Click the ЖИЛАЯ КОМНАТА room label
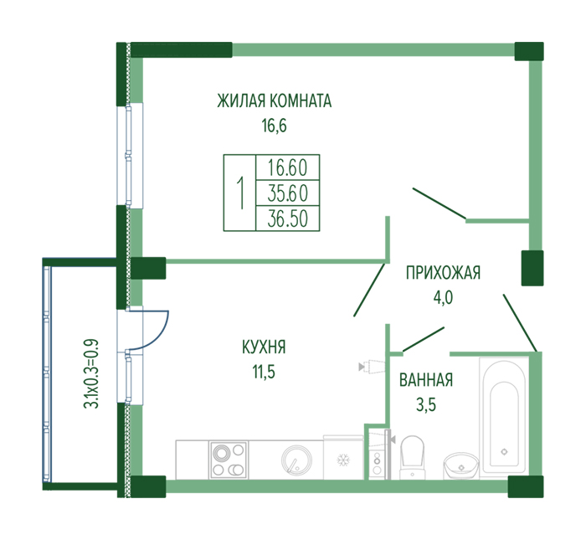point(274,101)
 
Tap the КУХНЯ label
point(264,347)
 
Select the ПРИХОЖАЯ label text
point(443,273)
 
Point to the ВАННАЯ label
point(426,380)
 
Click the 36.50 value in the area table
point(287,219)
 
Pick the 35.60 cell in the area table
point(287,193)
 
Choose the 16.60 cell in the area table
point(287,167)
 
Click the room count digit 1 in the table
point(240,193)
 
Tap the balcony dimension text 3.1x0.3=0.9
point(91,373)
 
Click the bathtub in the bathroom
point(504,417)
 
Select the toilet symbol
point(412,457)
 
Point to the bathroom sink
point(461,465)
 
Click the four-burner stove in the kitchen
point(229,460)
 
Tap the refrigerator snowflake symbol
point(342,460)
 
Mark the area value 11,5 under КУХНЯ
point(264,373)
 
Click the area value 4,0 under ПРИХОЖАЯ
point(443,298)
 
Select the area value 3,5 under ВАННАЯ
point(426,404)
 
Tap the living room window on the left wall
point(129,156)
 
